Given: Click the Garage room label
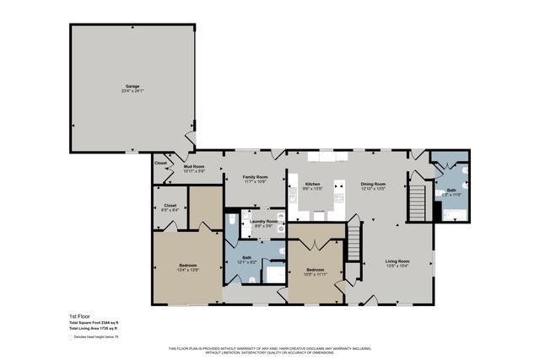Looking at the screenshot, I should pos(132,86).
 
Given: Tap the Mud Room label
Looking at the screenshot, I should pos(194,167).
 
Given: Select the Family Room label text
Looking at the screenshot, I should pos(255,177).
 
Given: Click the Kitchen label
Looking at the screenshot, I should pos(312,183).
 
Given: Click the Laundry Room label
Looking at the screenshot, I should pos(262,221).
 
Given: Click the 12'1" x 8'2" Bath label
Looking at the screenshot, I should pos(246,257).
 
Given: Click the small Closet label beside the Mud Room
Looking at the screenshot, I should pos(160,163).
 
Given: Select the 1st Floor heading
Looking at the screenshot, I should pos(78,316).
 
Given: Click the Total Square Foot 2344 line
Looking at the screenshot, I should pos(93,323).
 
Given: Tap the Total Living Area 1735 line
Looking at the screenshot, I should pos(93,329).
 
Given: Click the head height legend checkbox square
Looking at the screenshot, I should pos(71,337).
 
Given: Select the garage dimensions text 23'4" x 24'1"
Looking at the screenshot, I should pos(132,91).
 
